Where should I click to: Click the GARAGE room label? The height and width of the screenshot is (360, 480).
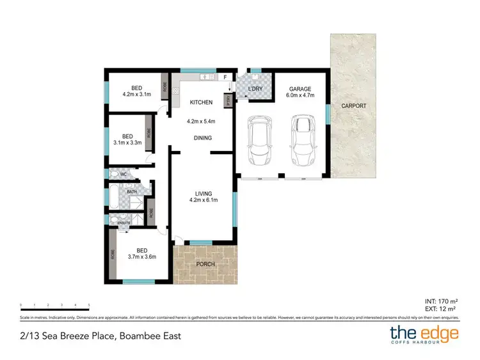[300, 89]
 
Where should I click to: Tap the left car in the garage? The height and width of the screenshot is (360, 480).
[260, 139]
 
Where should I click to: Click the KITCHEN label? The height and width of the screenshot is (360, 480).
[200, 102]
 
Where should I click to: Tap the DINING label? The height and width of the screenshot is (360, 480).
[203, 137]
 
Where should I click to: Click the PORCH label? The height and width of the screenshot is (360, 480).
[205, 264]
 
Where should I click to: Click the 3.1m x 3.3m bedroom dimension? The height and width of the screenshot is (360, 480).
[127, 143]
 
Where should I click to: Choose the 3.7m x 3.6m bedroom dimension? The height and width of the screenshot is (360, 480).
[141, 257]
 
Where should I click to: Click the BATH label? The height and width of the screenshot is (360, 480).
[131, 191]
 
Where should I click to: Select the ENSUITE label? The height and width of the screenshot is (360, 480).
[124, 223]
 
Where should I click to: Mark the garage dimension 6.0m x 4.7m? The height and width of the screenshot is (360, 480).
[300, 96]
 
